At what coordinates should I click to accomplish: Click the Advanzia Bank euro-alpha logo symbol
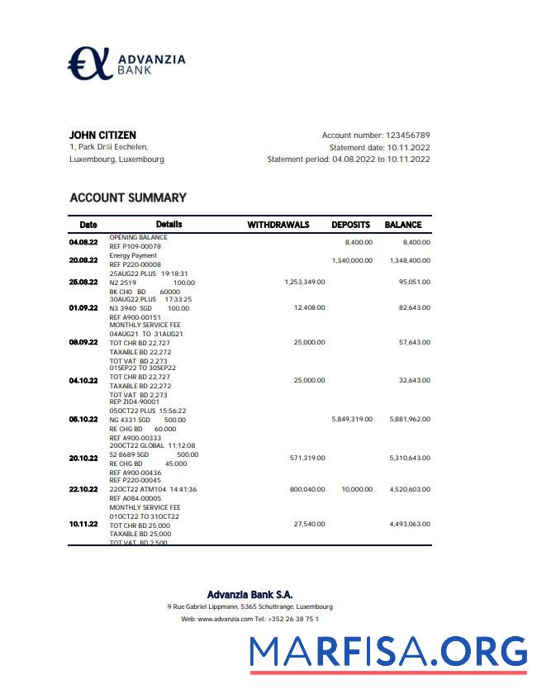[x=88, y=64]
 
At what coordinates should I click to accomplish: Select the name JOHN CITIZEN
[x=102, y=135]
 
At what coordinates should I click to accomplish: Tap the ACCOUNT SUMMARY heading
[x=128, y=197]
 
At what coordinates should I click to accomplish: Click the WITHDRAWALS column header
[x=278, y=225]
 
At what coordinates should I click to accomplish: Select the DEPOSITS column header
[x=351, y=225]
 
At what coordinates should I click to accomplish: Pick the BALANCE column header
[x=403, y=225]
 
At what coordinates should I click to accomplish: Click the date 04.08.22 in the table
[x=83, y=242]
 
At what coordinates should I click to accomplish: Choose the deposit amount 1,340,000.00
[x=352, y=260]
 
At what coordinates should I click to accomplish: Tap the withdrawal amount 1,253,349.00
[x=304, y=282]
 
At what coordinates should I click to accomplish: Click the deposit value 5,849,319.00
[x=351, y=419]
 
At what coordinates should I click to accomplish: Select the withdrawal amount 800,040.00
[x=307, y=489]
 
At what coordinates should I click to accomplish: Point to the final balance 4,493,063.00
[x=410, y=524]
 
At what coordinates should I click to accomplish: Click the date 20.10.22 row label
[x=83, y=458]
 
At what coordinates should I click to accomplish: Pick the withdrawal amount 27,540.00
[x=309, y=524]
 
